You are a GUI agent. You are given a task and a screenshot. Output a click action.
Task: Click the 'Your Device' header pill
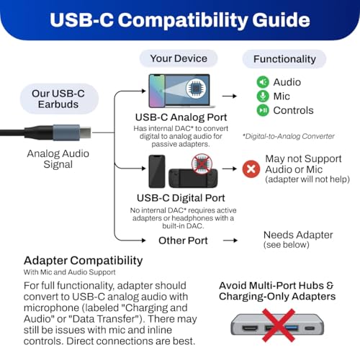pos(179,58)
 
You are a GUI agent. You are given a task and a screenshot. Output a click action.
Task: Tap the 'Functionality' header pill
pos(284,59)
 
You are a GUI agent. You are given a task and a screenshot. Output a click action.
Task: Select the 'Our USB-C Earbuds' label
pos(59,99)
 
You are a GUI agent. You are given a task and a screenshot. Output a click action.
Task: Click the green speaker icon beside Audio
pos(263,82)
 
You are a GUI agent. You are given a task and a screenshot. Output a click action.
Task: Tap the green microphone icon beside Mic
pos(263,96)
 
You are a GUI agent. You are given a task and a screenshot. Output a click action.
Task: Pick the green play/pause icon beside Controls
pos(263,110)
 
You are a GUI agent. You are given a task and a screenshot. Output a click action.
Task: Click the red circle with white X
pos(251,169)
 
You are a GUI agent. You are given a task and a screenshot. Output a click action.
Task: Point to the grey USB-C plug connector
pos(72,132)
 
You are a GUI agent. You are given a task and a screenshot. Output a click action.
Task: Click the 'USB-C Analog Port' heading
pos(181,117)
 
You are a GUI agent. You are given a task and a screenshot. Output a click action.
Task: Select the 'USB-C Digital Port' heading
pos(181,198)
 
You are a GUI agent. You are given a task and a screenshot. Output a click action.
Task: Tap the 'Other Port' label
pos(183,240)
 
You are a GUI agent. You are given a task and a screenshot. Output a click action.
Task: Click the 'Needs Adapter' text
pos(298,235)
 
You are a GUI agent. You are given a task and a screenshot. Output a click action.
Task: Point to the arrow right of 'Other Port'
pos(230,240)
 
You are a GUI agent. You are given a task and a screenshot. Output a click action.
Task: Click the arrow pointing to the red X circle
pos(230,168)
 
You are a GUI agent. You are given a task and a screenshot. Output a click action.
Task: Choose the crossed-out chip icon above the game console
pos(202,163)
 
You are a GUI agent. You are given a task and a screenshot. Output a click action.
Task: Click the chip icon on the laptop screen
pos(196,89)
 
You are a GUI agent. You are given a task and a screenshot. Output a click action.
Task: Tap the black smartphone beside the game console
pos(157,171)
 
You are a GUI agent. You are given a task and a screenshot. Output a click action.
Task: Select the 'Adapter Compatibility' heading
pos(84,261)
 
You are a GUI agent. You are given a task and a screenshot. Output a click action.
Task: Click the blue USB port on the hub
pos(292,328)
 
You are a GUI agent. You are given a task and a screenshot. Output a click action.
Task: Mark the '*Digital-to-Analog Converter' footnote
pos(289,136)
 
